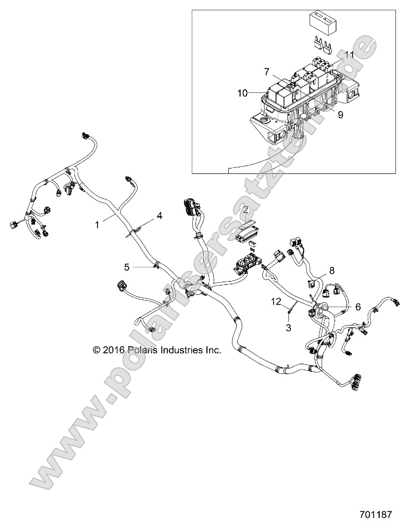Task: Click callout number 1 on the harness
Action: [x=97, y=223]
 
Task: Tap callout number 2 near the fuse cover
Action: [x=245, y=210]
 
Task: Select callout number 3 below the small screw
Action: [x=288, y=328]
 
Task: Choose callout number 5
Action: [x=127, y=266]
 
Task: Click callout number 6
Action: [x=343, y=307]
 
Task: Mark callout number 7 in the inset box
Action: [x=267, y=72]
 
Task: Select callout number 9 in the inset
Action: [x=340, y=115]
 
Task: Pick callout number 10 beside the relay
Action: [x=242, y=93]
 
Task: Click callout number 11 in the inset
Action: [x=349, y=55]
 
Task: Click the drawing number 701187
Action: [x=382, y=513]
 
